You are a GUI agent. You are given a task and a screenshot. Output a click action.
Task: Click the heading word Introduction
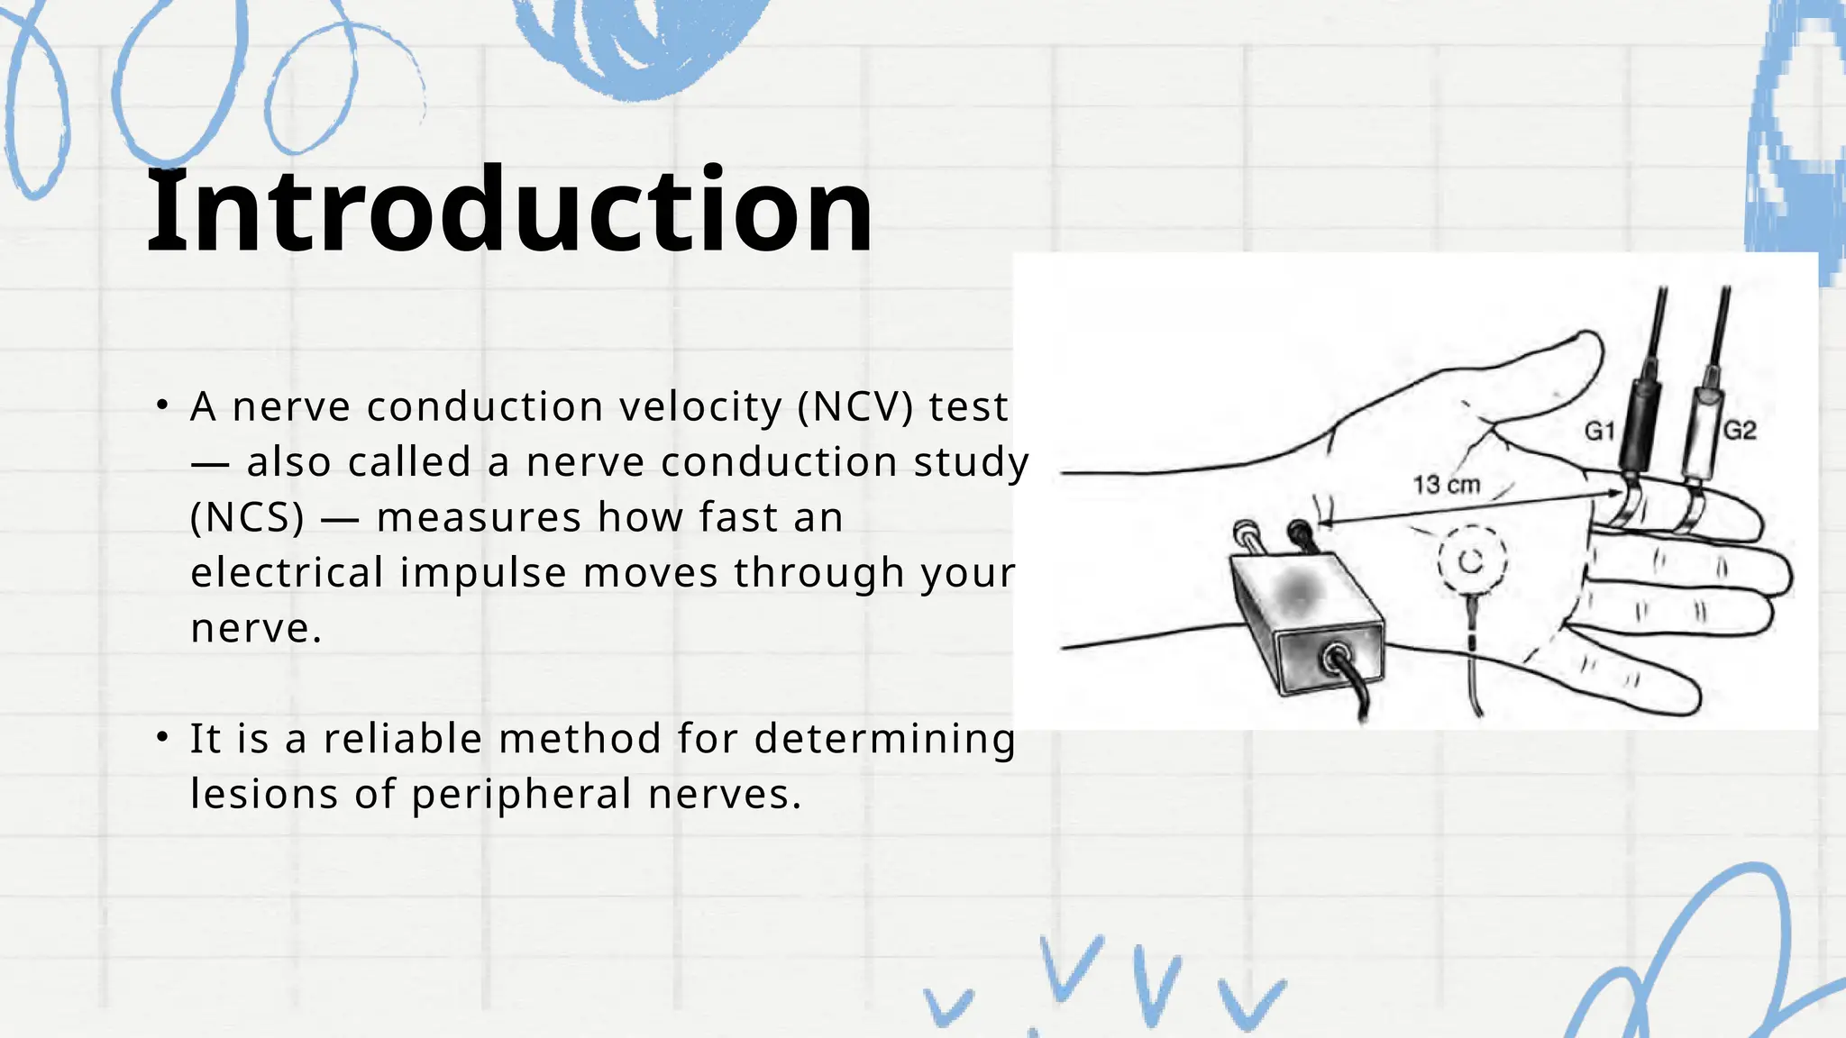[509, 212]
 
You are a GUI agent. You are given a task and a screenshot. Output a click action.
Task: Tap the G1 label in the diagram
[1599, 432]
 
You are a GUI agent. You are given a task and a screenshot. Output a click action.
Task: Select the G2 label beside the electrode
[1740, 431]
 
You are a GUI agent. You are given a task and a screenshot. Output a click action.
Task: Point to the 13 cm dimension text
[1446, 485]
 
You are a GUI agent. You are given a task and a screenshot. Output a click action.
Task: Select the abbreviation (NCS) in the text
[248, 518]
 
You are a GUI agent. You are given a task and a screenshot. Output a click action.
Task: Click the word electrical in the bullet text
[288, 573]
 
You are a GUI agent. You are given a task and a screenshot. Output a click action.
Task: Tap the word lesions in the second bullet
[264, 795]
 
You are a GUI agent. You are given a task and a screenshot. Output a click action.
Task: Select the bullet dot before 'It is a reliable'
[162, 738]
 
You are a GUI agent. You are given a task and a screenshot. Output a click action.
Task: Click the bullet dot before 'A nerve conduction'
[162, 405]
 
